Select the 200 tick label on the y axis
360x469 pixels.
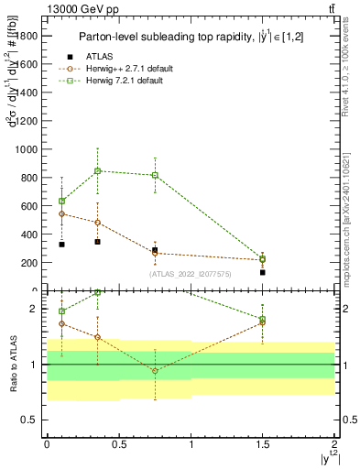29,263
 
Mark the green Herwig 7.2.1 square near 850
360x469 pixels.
97,170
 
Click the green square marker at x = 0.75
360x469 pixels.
155,175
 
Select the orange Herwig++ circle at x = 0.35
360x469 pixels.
97,223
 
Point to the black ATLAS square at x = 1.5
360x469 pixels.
263,272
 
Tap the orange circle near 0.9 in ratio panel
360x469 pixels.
155,371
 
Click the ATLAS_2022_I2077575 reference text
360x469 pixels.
191,273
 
